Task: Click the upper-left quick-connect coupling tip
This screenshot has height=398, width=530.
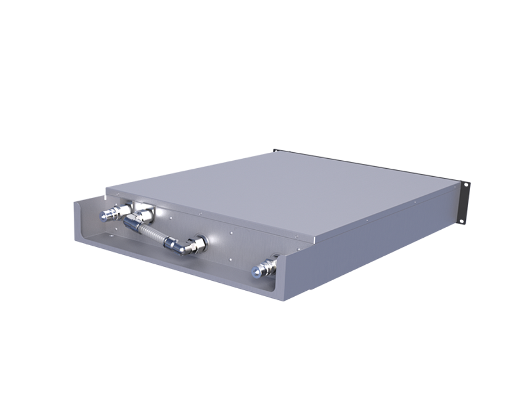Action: [x=104, y=215]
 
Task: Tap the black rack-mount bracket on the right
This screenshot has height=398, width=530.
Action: [x=464, y=202]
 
